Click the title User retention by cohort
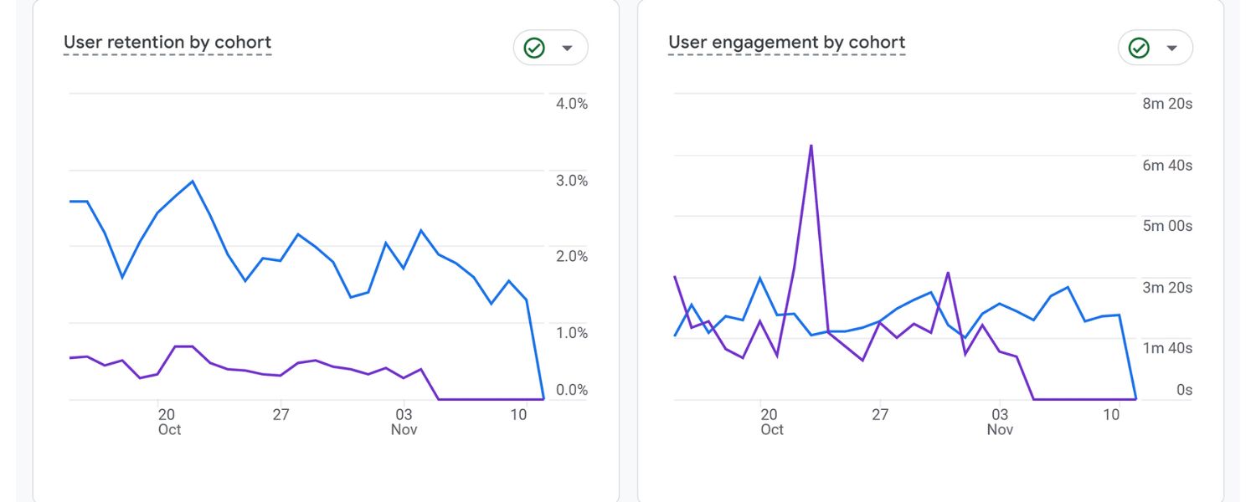pyautogui.click(x=167, y=43)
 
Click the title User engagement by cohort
pyautogui.click(x=786, y=43)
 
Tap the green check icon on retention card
pyautogui.click(x=534, y=49)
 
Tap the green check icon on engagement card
pyautogui.click(x=1139, y=49)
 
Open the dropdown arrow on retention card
pyautogui.click(x=567, y=49)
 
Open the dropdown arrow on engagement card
pyautogui.click(x=1171, y=49)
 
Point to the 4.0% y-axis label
pyautogui.click(x=571, y=104)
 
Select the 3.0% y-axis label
pyautogui.click(x=571, y=181)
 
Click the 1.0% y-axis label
pyautogui.click(x=571, y=333)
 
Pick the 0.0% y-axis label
pyautogui.click(x=571, y=390)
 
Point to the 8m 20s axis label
pyautogui.click(x=1167, y=104)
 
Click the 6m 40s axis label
pyautogui.click(x=1167, y=166)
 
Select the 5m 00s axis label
pyautogui.click(x=1167, y=226)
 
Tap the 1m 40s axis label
pyautogui.click(x=1167, y=348)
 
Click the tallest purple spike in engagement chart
pyautogui.click(x=811, y=146)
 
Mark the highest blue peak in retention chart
pyautogui.click(x=193, y=182)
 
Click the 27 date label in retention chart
pyautogui.click(x=281, y=414)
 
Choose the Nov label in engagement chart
pyautogui.click(x=1000, y=429)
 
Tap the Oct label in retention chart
pyautogui.click(x=169, y=429)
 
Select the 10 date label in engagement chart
pyautogui.click(x=1111, y=414)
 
